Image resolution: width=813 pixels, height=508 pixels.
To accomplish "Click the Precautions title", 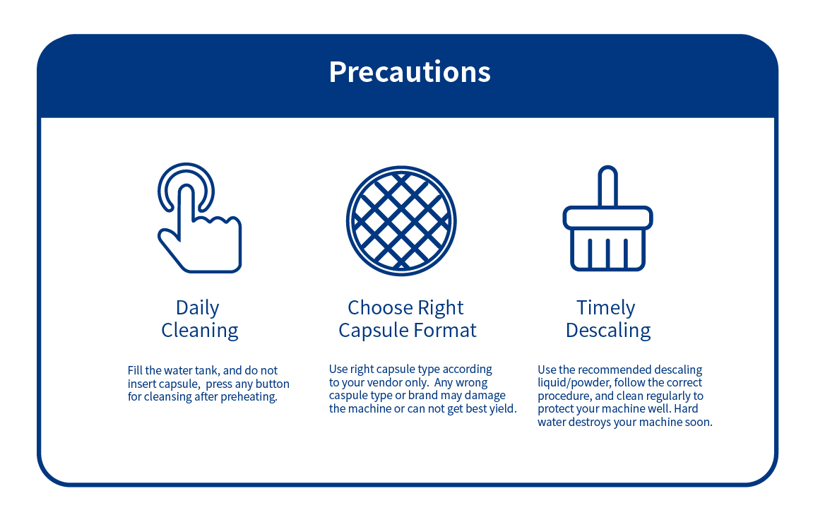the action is click(x=410, y=71).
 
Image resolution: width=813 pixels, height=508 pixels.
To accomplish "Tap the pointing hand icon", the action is click(x=199, y=218).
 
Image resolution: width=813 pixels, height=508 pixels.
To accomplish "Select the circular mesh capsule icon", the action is click(x=401, y=220).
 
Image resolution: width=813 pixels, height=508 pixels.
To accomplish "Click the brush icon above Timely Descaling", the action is click(x=607, y=218).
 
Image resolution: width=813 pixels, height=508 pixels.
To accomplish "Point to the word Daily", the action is click(x=198, y=308).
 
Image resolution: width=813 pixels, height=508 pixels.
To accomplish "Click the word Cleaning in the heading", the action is click(x=200, y=331).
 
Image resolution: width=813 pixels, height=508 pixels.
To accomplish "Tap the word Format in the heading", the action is click(x=449, y=330).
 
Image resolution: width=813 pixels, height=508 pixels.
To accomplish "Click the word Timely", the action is click(x=605, y=308).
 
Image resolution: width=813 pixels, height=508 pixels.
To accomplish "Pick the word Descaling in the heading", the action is click(x=608, y=331).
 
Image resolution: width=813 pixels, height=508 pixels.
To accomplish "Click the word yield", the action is click(x=503, y=409).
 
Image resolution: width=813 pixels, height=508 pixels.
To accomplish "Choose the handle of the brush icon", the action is click(x=607, y=187).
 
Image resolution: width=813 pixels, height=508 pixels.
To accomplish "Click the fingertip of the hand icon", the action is click(x=186, y=190).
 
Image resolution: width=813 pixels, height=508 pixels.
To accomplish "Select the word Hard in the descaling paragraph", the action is click(x=686, y=409).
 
